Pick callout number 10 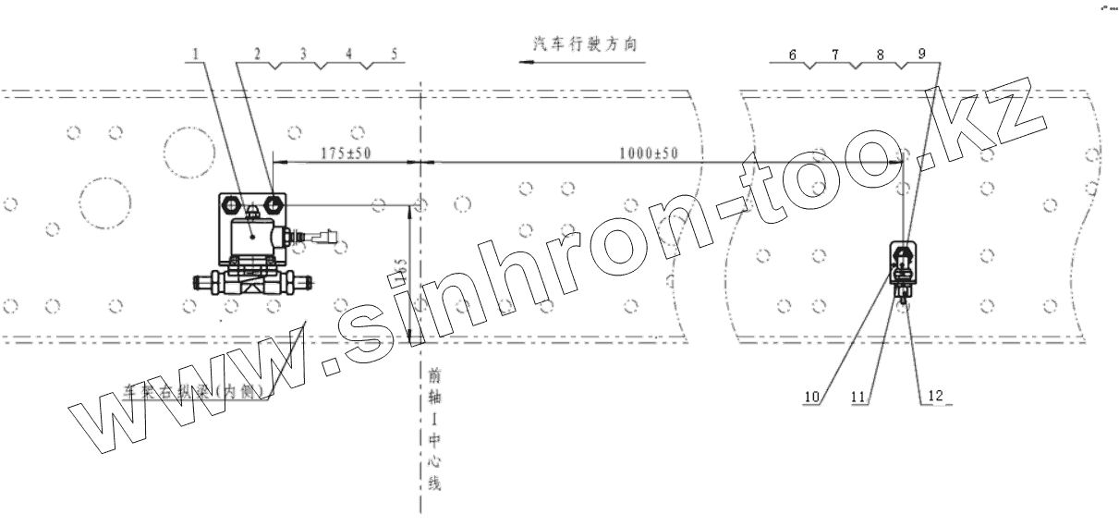[811, 397]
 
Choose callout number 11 [857, 397]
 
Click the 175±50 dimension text [345, 153]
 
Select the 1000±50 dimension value [648, 153]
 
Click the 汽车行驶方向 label [585, 43]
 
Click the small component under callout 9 [902, 264]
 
